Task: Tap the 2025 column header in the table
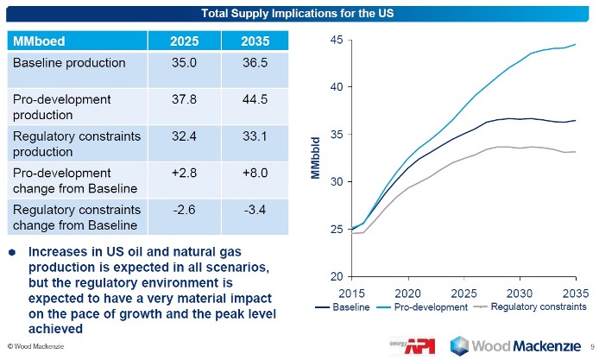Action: [x=184, y=41]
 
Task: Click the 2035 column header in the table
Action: [x=252, y=41]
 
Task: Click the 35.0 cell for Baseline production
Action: [x=184, y=64]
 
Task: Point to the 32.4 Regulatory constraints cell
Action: [x=184, y=136]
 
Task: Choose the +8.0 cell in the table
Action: [x=252, y=174]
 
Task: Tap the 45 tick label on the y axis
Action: [x=337, y=40]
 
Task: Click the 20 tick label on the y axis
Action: [x=337, y=277]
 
